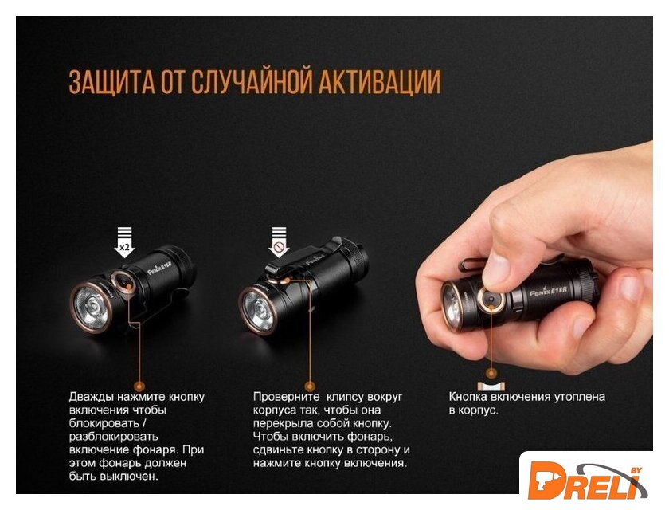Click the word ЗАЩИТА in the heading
[x=111, y=81]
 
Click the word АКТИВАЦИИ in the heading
[x=380, y=81]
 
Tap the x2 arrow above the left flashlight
[x=124, y=242]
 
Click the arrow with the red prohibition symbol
[x=279, y=242]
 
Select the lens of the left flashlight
[x=92, y=305]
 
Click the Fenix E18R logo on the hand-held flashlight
[x=549, y=292]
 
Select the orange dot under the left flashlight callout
[x=139, y=386]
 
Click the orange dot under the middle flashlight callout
[x=311, y=386]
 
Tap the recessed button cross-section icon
[x=491, y=386]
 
